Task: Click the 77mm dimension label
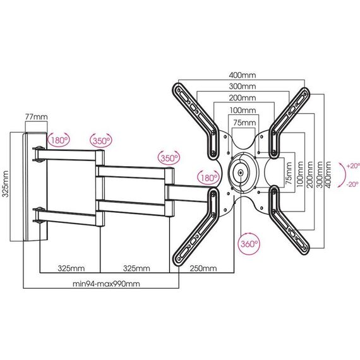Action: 36,117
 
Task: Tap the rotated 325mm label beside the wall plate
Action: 6,184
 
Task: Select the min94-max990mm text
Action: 106,284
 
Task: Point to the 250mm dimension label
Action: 203,268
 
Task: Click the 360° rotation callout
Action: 249,244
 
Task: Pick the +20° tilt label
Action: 352,165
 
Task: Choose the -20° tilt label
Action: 352,184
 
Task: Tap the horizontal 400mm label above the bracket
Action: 243,75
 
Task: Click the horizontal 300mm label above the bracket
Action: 243,87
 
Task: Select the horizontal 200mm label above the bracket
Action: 243,98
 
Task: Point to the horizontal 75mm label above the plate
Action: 244,123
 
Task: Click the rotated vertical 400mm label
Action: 328,174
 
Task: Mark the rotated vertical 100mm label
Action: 300,174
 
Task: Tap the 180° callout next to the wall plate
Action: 59,140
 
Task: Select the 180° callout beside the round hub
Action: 208,177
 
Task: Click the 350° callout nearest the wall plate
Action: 101,140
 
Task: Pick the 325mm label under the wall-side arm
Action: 71,268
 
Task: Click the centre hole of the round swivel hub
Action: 240,172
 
